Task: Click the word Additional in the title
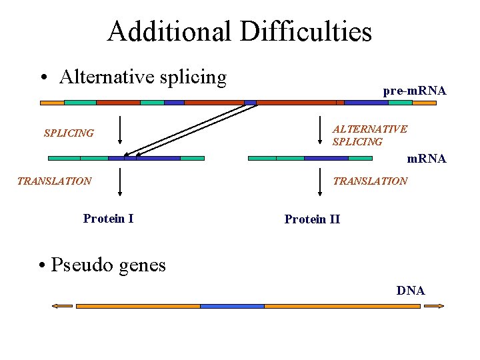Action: pyautogui.click(x=169, y=31)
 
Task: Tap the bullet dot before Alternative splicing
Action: pyautogui.click(x=43, y=79)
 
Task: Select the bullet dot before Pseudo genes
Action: pyautogui.click(x=43, y=266)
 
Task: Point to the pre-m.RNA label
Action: pyautogui.click(x=414, y=91)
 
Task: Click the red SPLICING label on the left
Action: pyautogui.click(x=69, y=133)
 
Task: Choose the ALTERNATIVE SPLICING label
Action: pyautogui.click(x=369, y=135)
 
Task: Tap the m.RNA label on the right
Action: pyautogui.click(x=427, y=159)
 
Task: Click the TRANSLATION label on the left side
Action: pyautogui.click(x=54, y=181)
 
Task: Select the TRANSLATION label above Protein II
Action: pyautogui.click(x=370, y=181)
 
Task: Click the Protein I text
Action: pyautogui.click(x=108, y=218)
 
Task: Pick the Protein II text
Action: pyautogui.click(x=312, y=219)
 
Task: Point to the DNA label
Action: pyautogui.click(x=411, y=291)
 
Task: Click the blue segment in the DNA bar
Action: pyautogui.click(x=232, y=306)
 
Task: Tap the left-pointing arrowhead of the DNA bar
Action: pyautogui.click(x=61, y=306)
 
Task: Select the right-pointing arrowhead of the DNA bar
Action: pyautogui.click(x=435, y=306)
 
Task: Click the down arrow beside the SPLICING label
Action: pyautogui.click(x=119, y=130)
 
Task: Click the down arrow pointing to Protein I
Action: pyautogui.click(x=119, y=182)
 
